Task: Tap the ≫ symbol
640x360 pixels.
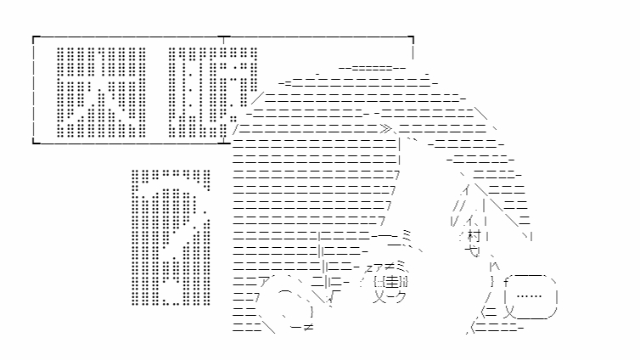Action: coord(386,130)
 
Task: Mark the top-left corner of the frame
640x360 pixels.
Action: coord(33,38)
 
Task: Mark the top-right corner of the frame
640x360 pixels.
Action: coord(413,38)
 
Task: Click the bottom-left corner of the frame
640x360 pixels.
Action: coord(33,141)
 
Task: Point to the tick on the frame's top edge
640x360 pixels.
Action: coord(222,39)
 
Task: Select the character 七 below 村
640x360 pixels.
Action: coord(473,251)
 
